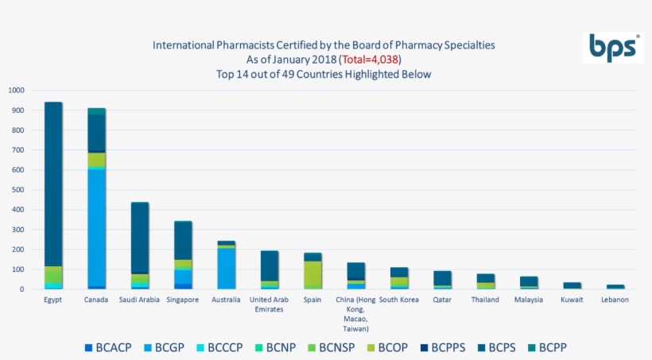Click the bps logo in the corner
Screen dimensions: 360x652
pyautogui.click(x=612, y=48)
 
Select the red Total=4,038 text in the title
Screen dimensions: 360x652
pyautogui.click(x=370, y=60)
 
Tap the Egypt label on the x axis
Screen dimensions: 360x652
pyautogui.click(x=54, y=300)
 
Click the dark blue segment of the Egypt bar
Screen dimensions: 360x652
pyautogui.click(x=54, y=183)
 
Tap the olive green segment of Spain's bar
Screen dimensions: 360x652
pyautogui.click(x=312, y=273)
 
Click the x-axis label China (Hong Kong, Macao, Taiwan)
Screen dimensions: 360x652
pyautogui.click(x=355, y=313)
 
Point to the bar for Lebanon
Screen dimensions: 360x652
pyautogui.click(x=615, y=286)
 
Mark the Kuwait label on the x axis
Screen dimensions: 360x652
pyautogui.click(x=572, y=300)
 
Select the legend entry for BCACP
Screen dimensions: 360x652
pyautogui.click(x=109, y=347)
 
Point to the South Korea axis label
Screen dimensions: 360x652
pyautogui.click(x=398, y=300)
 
